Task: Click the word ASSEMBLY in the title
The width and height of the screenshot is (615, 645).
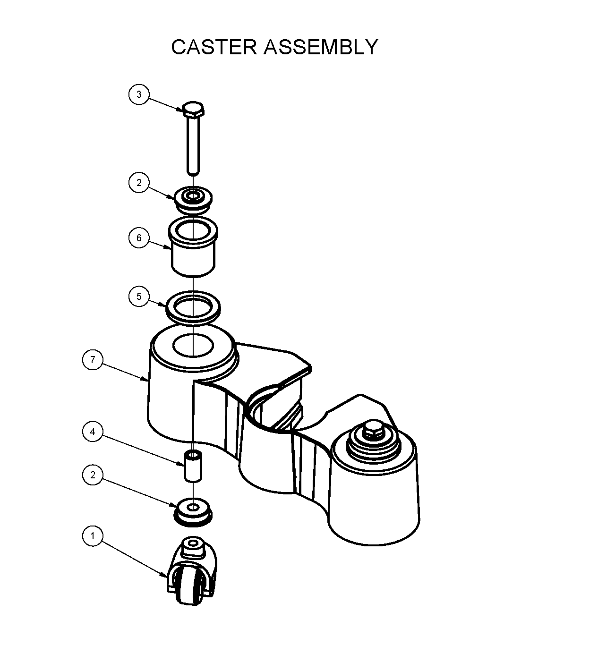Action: pyautogui.click(x=321, y=47)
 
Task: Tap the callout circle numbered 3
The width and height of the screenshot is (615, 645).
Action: pyautogui.click(x=139, y=94)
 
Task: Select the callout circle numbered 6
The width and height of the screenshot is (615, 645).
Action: pyautogui.click(x=139, y=238)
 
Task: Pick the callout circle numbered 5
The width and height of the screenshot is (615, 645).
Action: pyautogui.click(x=139, y=297)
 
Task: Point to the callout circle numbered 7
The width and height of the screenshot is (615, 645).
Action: pyautogui.click(x=93, y=360)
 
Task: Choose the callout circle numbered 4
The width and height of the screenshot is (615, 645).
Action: pyautogui.click(x=93, y=432)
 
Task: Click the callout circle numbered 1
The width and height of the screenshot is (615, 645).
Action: pyautogui.click(x=93, y=536)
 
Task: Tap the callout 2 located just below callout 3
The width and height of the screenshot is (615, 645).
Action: pyautogui.click(x=139, y=183)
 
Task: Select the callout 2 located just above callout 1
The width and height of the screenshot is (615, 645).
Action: pyautogui.click(x=93, y=475)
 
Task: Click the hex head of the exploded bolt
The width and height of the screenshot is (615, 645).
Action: pyautogui.click(x=193, y=110)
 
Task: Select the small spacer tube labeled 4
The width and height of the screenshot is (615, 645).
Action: pyautogui.click(x=193, y=467)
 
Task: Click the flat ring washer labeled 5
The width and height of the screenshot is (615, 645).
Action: pyautogui.click(x=193, y=307)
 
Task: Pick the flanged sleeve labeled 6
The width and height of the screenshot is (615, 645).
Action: pyautogui.click(x=193, y=248)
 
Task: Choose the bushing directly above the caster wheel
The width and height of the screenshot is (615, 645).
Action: pyautogui.click(x=193, y=511)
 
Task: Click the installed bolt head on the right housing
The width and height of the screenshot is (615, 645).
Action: pyautogui.click(x=373, y=428)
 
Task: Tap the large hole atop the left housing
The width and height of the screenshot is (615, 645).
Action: pyautogui.click(x=193, y=345)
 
